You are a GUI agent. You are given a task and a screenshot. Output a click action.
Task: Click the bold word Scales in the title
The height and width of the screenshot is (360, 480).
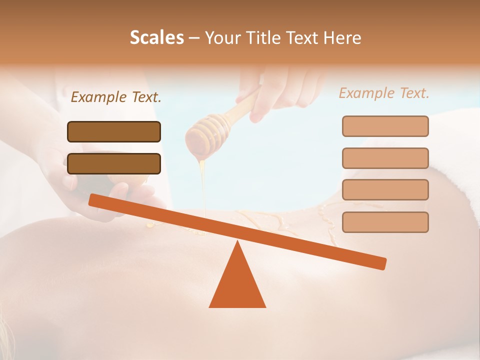156,37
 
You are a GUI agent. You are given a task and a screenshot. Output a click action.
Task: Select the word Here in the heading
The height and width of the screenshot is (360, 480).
342,37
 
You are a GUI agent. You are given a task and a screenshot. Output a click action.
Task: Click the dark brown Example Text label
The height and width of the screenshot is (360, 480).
116,97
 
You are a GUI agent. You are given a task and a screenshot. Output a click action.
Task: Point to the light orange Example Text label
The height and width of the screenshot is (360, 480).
384,93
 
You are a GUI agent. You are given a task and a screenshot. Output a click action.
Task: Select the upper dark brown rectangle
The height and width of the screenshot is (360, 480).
114,131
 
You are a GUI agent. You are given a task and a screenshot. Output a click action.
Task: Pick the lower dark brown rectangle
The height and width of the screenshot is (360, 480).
114,163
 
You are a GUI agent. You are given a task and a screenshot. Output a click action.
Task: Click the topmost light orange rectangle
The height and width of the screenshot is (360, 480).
385,126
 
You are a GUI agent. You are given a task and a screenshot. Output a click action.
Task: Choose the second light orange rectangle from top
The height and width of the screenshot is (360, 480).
385,158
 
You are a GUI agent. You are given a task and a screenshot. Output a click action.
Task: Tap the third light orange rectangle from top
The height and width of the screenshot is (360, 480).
385,190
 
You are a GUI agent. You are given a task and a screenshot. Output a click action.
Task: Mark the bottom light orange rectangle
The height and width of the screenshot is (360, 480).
385,222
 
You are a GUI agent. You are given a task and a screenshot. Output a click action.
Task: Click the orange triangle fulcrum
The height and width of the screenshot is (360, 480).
237,282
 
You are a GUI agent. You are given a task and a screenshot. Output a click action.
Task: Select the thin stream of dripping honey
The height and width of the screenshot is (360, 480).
203,190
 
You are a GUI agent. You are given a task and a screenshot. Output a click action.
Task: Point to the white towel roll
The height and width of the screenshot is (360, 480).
425,150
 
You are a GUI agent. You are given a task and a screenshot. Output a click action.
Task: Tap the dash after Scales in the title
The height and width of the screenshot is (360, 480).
194,38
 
